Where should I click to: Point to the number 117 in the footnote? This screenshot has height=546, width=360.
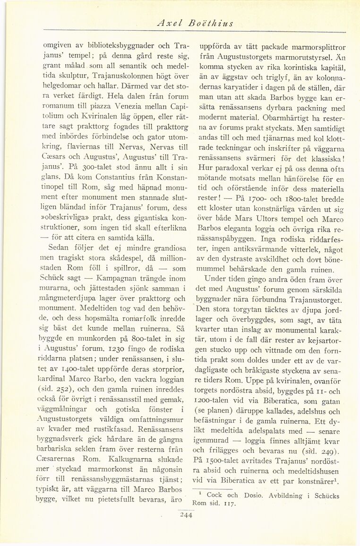229,503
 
